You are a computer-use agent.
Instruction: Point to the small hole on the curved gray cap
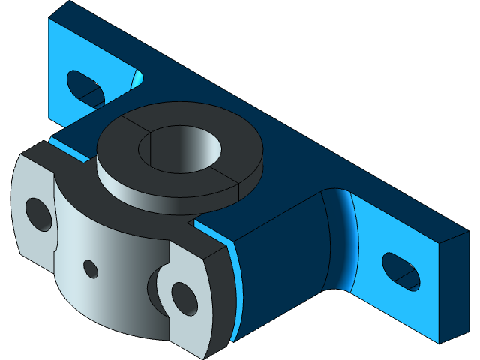pos(91,268)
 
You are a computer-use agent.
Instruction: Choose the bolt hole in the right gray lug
pos(183,297)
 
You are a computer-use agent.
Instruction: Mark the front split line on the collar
pos(240,190)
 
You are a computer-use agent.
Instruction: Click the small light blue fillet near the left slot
pos(138,77)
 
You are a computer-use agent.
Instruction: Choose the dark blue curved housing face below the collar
pos(285,255)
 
